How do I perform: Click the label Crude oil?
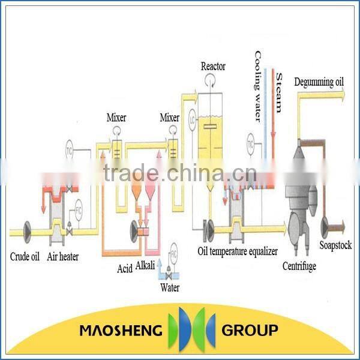coord(25,257)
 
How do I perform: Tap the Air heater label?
coord(63,257)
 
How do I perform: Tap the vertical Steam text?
coord(279,93)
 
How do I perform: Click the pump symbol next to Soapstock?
coord(328,225)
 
